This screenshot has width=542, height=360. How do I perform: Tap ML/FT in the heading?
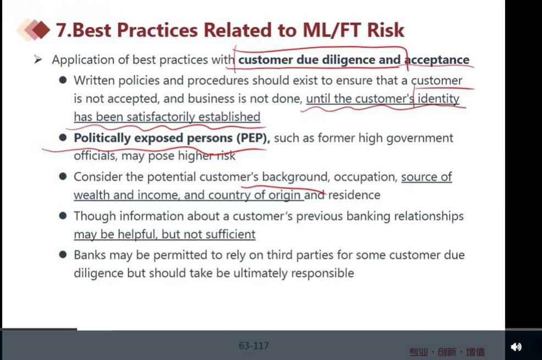click(x=331, y=30)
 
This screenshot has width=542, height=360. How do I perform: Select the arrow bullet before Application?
click(x=37, y=60)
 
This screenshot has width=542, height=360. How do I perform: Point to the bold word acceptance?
click(x=437, y=60)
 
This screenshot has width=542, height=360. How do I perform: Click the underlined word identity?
click(x=439, y=99)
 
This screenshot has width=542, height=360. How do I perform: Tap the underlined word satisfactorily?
click(x=160, y=117)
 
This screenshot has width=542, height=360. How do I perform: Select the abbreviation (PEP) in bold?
click(x=253, y=138)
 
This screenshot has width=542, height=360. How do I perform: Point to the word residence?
click(x=354, y=195)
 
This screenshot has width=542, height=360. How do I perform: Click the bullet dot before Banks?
click(x=63, y=255)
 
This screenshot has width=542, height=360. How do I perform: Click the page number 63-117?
click(x=254, y=346)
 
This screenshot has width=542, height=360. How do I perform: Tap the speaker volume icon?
click(x=516, y=347)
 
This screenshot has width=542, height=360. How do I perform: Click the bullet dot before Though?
click(x=63, y=216)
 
